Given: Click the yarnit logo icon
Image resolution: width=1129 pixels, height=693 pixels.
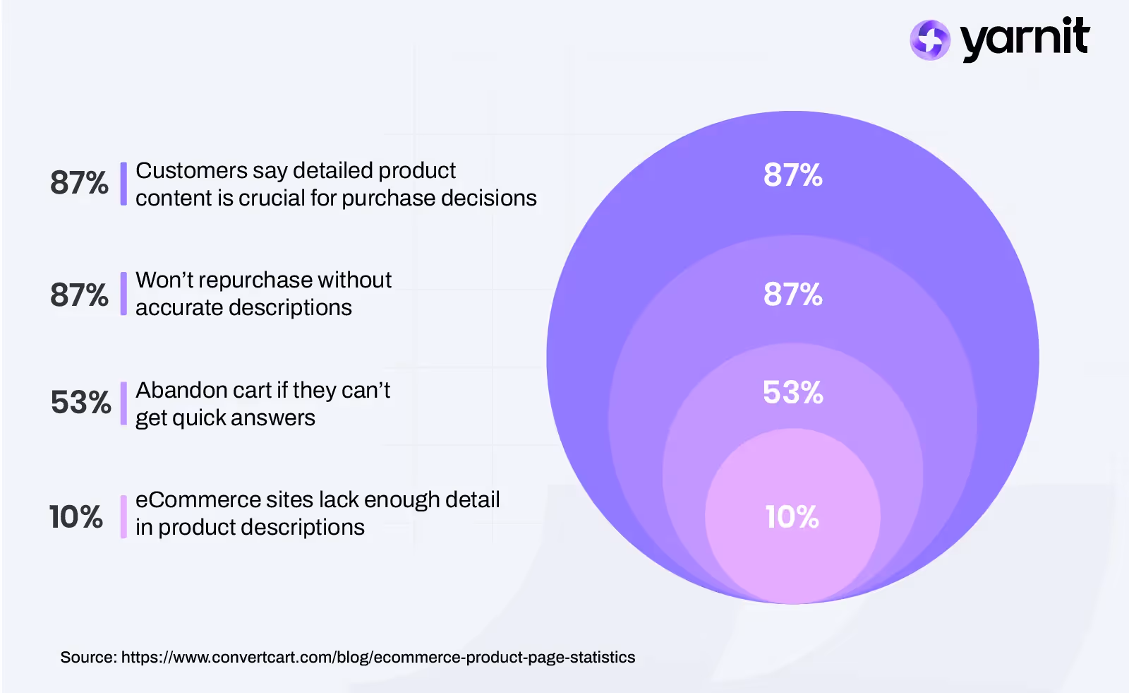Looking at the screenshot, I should tap(929, 40).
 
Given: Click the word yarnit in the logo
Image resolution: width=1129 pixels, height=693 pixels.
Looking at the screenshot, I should tap(1025, 38).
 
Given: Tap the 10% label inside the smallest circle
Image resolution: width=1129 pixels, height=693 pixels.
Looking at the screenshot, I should tap(792, 517).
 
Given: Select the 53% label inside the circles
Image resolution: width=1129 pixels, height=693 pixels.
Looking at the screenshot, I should tap(792, 393).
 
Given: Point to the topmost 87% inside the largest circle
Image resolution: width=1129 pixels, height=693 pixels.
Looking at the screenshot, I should tap(792, 175).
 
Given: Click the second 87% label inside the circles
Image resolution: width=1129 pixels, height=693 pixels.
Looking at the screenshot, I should tap(792, 295).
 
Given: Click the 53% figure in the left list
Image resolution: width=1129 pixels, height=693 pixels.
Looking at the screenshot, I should tap(80, 403).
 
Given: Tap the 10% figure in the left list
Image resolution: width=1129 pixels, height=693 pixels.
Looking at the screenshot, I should tap(76, 517).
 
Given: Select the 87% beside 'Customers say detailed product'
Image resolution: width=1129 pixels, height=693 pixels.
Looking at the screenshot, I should tap(79, 183).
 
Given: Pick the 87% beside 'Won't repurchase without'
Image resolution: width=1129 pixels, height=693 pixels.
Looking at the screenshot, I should tap(79, 295).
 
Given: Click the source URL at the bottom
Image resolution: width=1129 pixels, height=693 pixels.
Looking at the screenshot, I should tap(378, 658).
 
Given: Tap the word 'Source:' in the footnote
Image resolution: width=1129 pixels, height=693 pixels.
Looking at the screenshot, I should tap(88, 658).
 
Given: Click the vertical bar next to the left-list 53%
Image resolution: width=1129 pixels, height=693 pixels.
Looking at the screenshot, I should tap(123, 403).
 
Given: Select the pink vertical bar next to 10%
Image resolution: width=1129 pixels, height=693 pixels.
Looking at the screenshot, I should tap(123, 516).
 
